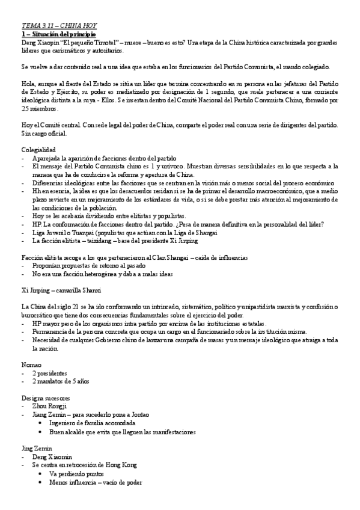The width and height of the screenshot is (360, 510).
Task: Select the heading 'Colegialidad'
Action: pyautogui.click(x=39, y=149)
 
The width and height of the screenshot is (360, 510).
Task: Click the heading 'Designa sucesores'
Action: pyautogui.click(x=45, y=398)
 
